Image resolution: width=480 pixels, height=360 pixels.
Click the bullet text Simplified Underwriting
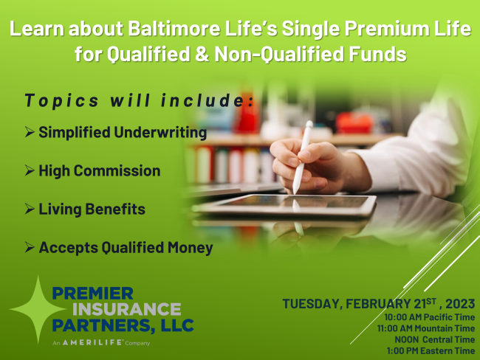[123, 133]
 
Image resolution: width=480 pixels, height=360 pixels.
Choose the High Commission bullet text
[99, 171]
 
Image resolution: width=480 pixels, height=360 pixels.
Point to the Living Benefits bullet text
[92, 210]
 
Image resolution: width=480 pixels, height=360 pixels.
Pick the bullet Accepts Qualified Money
[126, 248]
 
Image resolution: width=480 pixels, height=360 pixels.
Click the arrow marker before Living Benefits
[30, 210]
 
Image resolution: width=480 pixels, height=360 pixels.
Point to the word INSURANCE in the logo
[116, 308]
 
